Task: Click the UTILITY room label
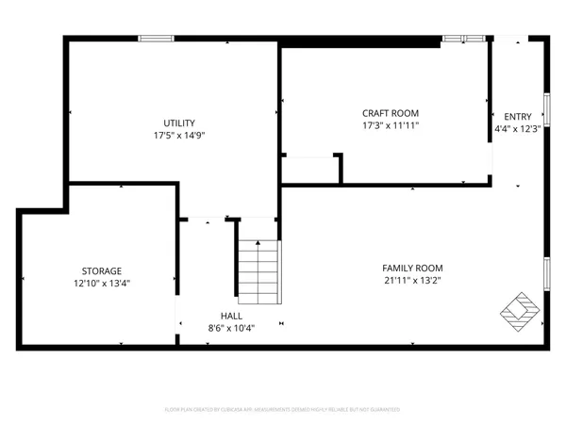point(179,122)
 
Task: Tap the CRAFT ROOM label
point(391,113)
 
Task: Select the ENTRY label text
point(518,117)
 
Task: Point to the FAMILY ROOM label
point(412,268)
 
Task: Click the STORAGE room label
point(101,270)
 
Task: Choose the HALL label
point(231,316)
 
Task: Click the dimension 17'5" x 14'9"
point(179,135)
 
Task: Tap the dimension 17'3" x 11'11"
point(391,125)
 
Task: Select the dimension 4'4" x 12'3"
point(518,129)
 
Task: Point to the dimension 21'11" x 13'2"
point(412,280)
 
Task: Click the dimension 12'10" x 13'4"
point(101,283)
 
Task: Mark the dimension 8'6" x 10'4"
point(231,328)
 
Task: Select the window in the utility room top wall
point(156,38)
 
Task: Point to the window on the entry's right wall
point(546,109)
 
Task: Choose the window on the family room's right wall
point(546,273)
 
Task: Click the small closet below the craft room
point(310,170)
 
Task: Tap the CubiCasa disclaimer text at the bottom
point(283,410)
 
